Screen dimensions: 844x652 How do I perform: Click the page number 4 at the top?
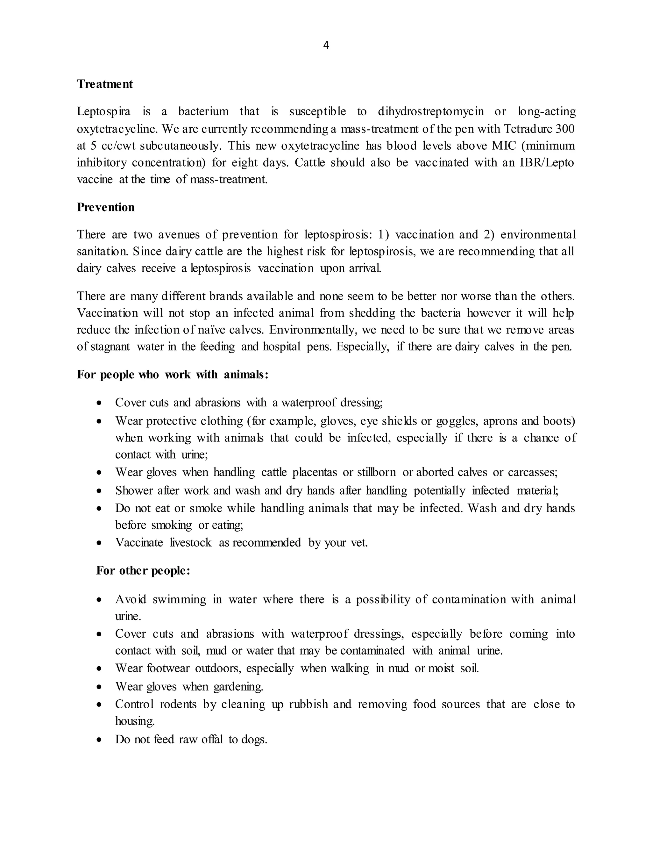[x=326, y=46]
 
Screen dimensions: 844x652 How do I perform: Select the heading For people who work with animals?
[x=172, y=375]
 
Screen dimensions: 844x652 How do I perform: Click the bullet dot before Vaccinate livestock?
[x=100, y=543]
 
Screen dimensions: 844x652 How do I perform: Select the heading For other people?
[x=143, y=571]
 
